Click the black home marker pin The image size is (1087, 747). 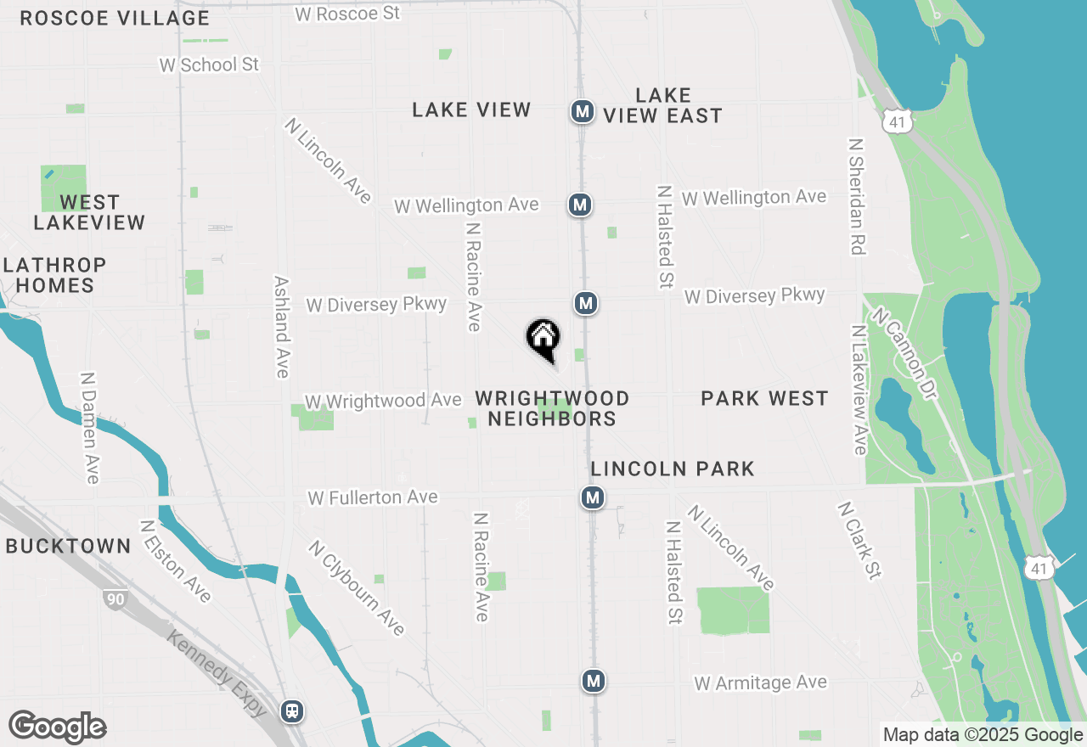click(x=543, y=339)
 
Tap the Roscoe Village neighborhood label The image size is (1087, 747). click(x=115, y=18)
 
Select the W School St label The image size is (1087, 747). click(x=209, y=65)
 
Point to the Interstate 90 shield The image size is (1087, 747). click(x=116, y=599)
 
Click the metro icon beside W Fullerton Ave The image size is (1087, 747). click(x=593, y=497)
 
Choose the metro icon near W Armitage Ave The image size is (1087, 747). click(x=594, y=680)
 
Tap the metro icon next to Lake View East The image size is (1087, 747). click(x=582, y=111)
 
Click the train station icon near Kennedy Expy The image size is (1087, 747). click(x=292, y=710)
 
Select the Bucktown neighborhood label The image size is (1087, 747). click(x=69, y=546)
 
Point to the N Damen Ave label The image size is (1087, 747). click(x=89, y=427)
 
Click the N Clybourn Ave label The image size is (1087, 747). click(x=357, y=588)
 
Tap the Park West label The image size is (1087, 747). click(x=764, y=398)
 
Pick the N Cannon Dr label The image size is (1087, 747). click(x=902, y=352)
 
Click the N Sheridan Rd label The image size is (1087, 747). click(x=856, y=196)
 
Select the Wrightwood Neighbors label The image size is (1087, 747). click(x=552, y=408)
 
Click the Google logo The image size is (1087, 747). click(x=57, y=727)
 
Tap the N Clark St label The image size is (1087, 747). click(x=859, y=540)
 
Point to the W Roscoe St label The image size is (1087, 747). click(x=346, y=14)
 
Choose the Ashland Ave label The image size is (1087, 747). click(x=282, y=326)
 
